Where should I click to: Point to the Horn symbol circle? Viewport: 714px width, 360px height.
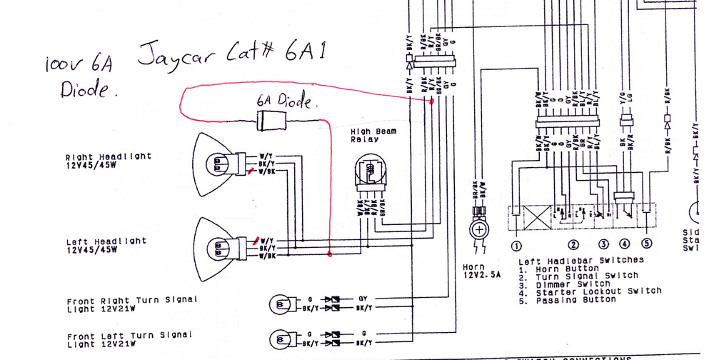pyautogui.click(x=478, y=231)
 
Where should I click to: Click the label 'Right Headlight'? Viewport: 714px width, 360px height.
pyautogui.click(x=109, y=157)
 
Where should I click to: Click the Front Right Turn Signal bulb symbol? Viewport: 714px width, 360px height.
pyautogui.click(x=280, y=304)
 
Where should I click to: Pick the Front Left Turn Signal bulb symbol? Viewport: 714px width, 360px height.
pyautogui.click(x=280, y=338)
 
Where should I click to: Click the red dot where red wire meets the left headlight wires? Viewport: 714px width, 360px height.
pyautogui.click(x=329, y=254)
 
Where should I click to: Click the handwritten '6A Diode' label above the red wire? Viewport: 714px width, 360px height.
pyautogui.click(x=284, y=101)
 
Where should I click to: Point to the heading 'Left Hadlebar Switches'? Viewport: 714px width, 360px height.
pyautogui.click(x=580, y=261)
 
